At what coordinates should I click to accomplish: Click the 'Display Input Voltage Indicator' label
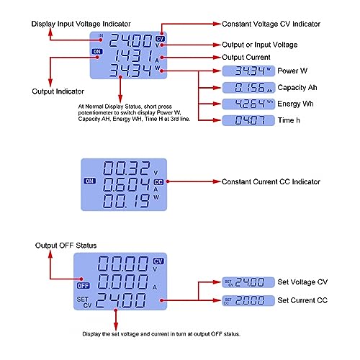(81, 24)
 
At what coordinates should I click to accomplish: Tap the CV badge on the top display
(160, 39)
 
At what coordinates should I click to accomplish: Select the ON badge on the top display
(97, 52)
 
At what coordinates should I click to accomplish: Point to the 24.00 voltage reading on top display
(131, 40)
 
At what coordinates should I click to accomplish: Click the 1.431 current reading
(133, 56)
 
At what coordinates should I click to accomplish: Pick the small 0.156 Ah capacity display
(248, 88)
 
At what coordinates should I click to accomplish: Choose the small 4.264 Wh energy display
(248, 104)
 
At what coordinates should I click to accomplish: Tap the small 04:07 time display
(248, 120)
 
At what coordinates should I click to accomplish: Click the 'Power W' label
(292, 71)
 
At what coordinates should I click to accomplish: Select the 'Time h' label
(289, 120)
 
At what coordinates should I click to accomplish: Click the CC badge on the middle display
(158, 182)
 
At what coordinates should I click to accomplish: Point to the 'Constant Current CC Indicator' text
(271, 181)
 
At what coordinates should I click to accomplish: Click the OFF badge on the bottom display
(84, 286)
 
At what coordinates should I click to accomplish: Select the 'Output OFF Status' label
(66, 246)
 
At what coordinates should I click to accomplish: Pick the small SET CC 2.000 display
(248, 300)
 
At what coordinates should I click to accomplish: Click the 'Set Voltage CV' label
(302, 282)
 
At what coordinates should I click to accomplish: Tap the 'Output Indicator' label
(58, 91)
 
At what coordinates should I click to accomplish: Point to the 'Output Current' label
(246, 58)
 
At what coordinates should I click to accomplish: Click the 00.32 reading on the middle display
(127, 168)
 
